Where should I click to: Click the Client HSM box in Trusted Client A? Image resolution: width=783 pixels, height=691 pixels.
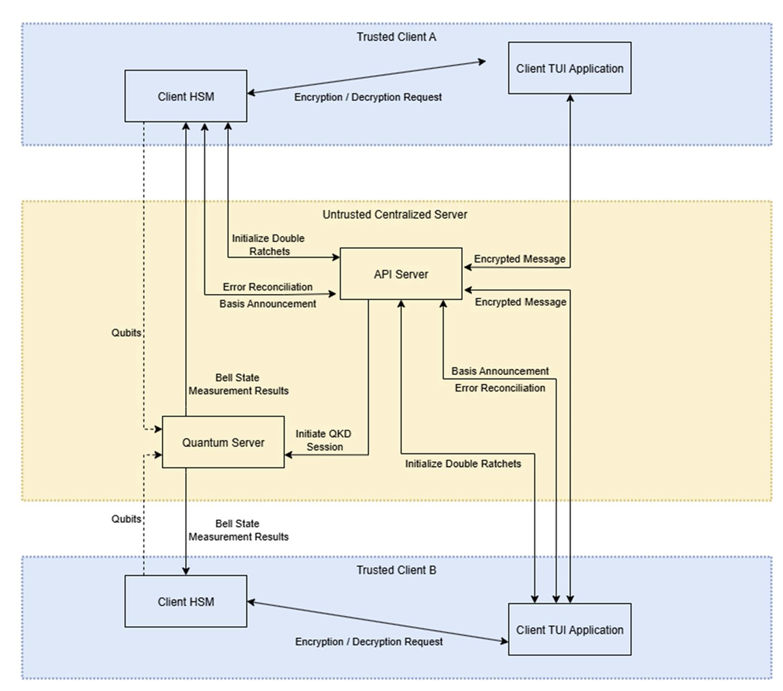185,96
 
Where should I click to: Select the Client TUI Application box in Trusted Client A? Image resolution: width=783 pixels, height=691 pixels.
569,68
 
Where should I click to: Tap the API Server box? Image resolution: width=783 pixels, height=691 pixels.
401,274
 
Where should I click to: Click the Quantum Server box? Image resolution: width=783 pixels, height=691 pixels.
223,442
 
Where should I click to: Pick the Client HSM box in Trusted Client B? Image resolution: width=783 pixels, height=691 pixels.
185,601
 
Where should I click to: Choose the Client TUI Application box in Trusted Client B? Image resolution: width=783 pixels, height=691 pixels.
569,629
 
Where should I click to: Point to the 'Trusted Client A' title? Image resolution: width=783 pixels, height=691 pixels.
396,36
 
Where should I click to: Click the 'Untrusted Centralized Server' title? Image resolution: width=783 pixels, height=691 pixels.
395,215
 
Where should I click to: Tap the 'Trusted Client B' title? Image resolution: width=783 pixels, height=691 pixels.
396,570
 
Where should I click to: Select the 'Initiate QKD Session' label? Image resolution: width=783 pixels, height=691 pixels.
319,440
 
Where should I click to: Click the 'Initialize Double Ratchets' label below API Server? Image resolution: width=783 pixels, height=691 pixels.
463,463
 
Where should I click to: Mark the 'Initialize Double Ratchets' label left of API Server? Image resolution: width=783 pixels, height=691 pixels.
268,245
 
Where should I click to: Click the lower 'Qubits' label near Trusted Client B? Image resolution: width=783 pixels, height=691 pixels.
126,519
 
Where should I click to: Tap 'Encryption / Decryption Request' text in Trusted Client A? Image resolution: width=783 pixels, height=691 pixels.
368,97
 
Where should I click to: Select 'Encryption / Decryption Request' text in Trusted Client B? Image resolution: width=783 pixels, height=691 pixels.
369,642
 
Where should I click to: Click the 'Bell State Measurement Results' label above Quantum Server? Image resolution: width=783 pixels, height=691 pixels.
238,384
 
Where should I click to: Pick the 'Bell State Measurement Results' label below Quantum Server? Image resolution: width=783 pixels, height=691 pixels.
238,530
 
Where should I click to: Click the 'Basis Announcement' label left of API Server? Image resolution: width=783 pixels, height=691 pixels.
267,303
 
